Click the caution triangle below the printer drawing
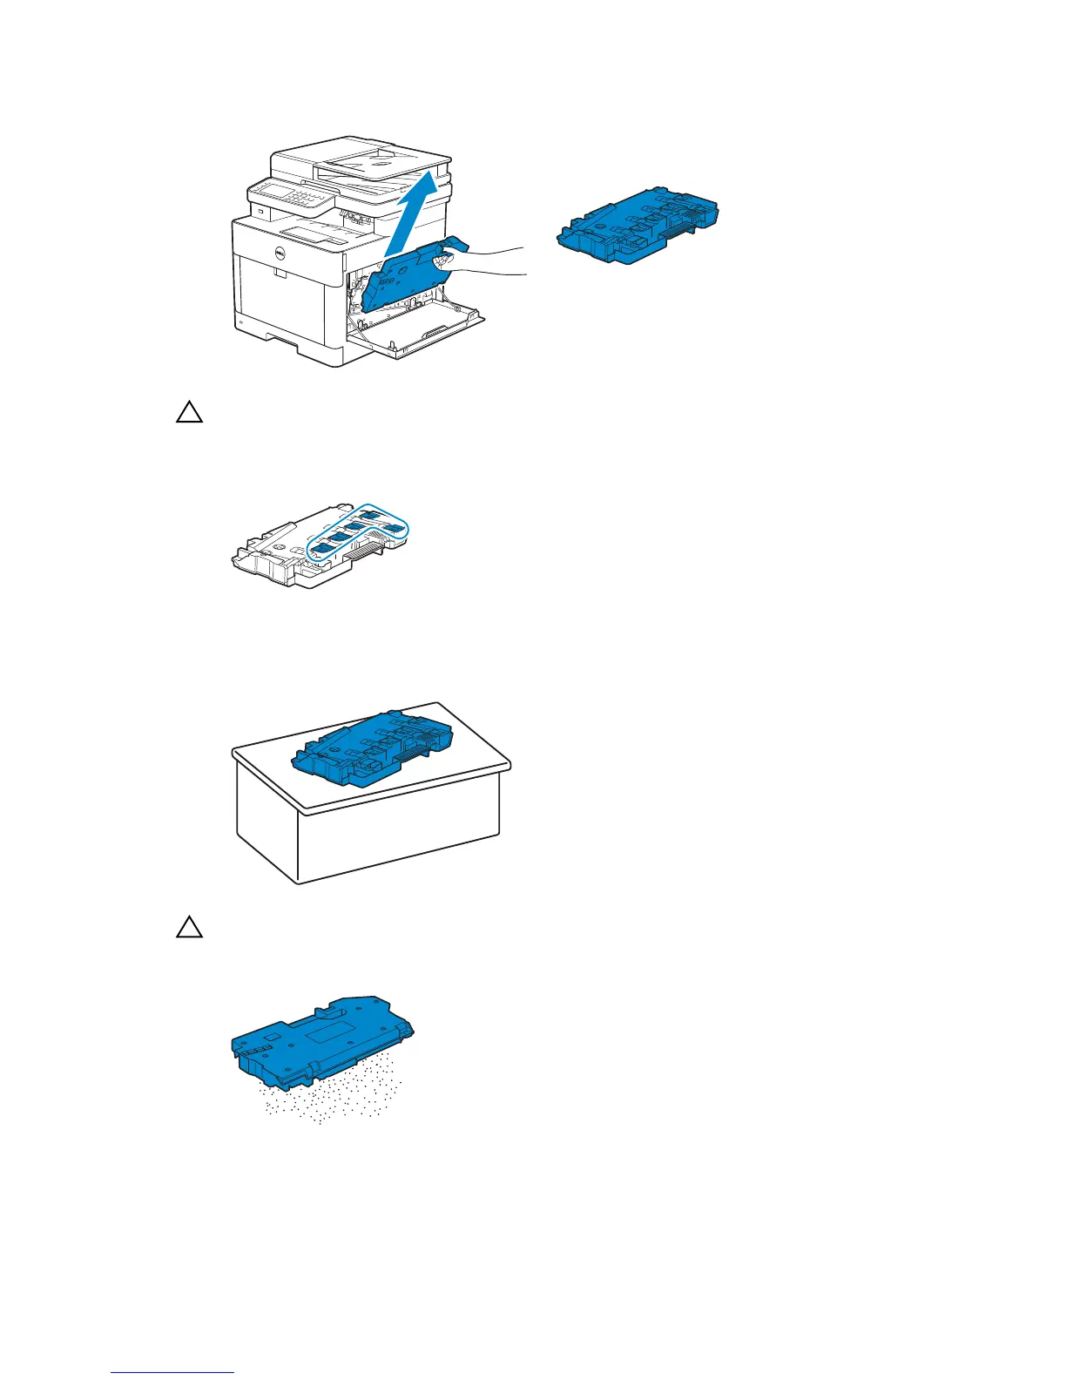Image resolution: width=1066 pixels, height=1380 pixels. [189, 412]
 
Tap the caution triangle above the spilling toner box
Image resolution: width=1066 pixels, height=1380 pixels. [189, 928]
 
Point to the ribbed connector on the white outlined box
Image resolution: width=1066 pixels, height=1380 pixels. [365, 552]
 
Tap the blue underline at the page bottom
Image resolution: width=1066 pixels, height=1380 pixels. [172, 1372]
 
